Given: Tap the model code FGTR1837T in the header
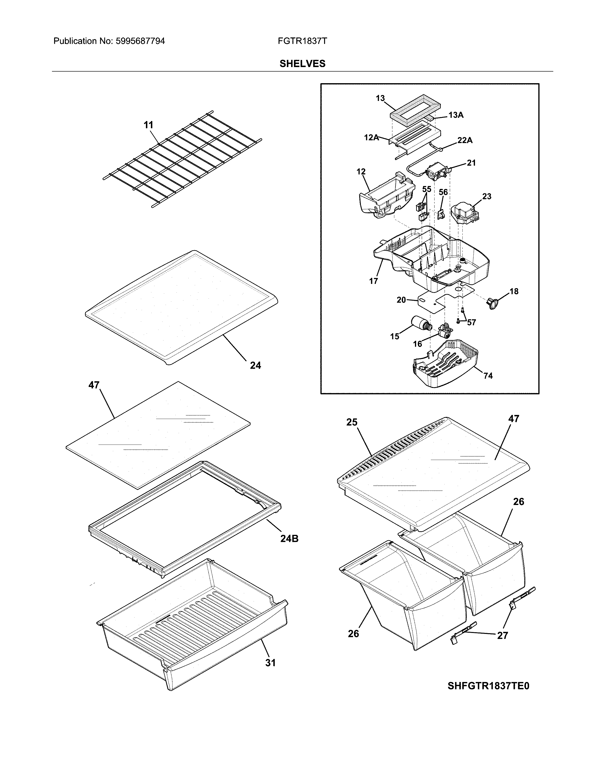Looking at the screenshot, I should (x=302, y=41).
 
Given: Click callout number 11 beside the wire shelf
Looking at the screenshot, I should (x=148, y=125).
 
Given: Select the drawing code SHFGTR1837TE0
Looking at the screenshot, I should (x=488, y=686).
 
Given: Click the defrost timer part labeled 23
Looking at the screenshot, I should (x=465, y=214).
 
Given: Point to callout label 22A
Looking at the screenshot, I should (x=465, y=140).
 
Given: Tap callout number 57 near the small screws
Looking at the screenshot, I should (x=471, y=322).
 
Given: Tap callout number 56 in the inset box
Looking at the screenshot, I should (x=443, y=192).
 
